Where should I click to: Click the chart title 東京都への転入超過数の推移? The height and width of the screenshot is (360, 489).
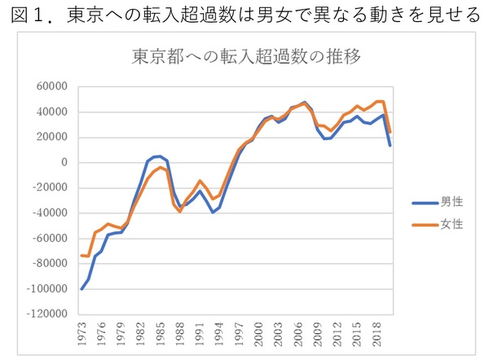coord(246,59)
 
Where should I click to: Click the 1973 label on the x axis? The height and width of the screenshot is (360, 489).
coord(82,335)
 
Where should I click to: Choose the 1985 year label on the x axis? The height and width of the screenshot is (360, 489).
coord(161,335)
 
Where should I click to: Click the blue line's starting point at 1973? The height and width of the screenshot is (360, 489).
coord(81,289)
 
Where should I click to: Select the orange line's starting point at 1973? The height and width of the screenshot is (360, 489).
coord(81,255)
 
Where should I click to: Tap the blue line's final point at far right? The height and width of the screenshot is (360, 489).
coord(390,145)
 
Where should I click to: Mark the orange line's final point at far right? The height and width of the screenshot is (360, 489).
coord(390,132)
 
